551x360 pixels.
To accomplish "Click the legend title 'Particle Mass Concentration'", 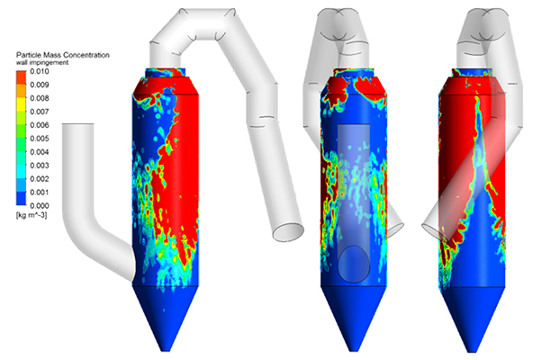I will (x=63, y=56).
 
